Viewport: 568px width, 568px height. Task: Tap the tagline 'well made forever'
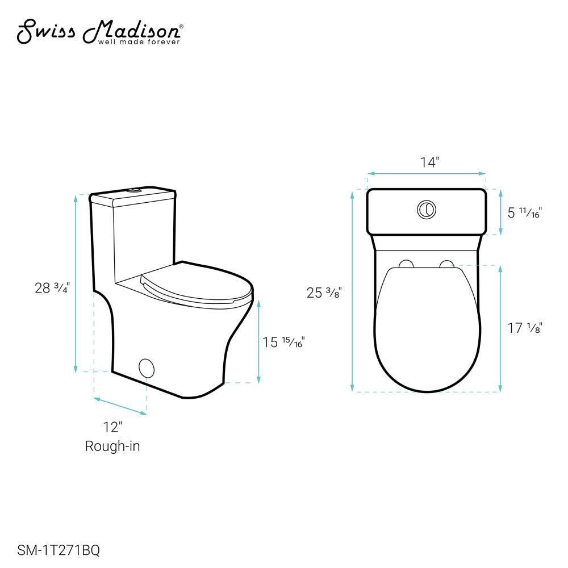pyautogui.click(x=139, y=42)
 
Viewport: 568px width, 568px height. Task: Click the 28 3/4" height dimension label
pyautogui.click(x=52, y=287)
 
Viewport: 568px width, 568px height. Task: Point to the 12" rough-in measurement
pyautogui.click(x=112, y=427)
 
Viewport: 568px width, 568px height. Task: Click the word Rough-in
pyautogui.click(x=112, y=446)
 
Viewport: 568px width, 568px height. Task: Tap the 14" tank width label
pyautogui.click(x=430, y=162)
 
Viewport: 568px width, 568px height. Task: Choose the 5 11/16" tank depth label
pyautogui.click(x=524, y=212)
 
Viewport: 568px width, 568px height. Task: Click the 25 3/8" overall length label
pyautogui.click(x=324, y=293)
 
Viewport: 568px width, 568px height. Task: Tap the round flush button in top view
pyautogui.click(x=427, y=209)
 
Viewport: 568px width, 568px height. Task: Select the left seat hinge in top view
pyautogui.click(x=406, y=264)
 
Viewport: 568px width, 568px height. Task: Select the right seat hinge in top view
pyautogui.click(x=447, y=264)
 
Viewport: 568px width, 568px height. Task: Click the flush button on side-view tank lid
pyautogui.click(x=135, y=190)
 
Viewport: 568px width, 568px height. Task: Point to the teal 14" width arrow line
pyautogui.click(x=426, y=173)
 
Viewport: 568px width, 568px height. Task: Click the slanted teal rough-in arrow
pyautogui.click(x=120, y=406)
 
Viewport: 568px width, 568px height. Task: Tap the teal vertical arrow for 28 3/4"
pyautogui.click(x=76, y=284)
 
